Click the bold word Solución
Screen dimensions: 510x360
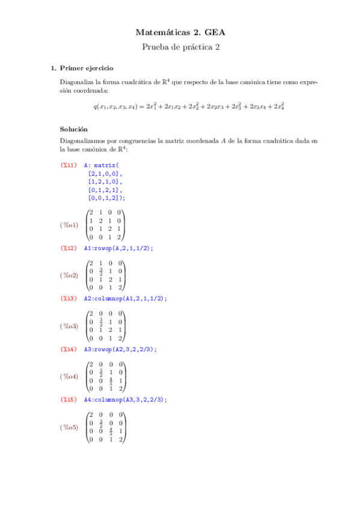click(73, 129)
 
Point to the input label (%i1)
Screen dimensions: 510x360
click(68, 164)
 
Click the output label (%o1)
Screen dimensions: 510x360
click(69, 226)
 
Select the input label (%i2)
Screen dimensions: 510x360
click(68, 248)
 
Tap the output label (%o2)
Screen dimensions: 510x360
click(69, 275)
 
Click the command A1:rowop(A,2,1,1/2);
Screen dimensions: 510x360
click(118, 248)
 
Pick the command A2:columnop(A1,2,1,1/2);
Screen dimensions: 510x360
click(125, 298)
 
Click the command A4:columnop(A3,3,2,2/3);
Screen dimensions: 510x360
click(125, 399)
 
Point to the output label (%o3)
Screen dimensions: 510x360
click(69, 326)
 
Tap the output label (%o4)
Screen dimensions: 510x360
click(69, 376)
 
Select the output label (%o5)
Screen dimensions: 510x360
click(69, 427)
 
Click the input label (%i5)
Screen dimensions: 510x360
click(68, 399)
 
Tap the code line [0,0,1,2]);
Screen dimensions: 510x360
click(107, 197)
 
